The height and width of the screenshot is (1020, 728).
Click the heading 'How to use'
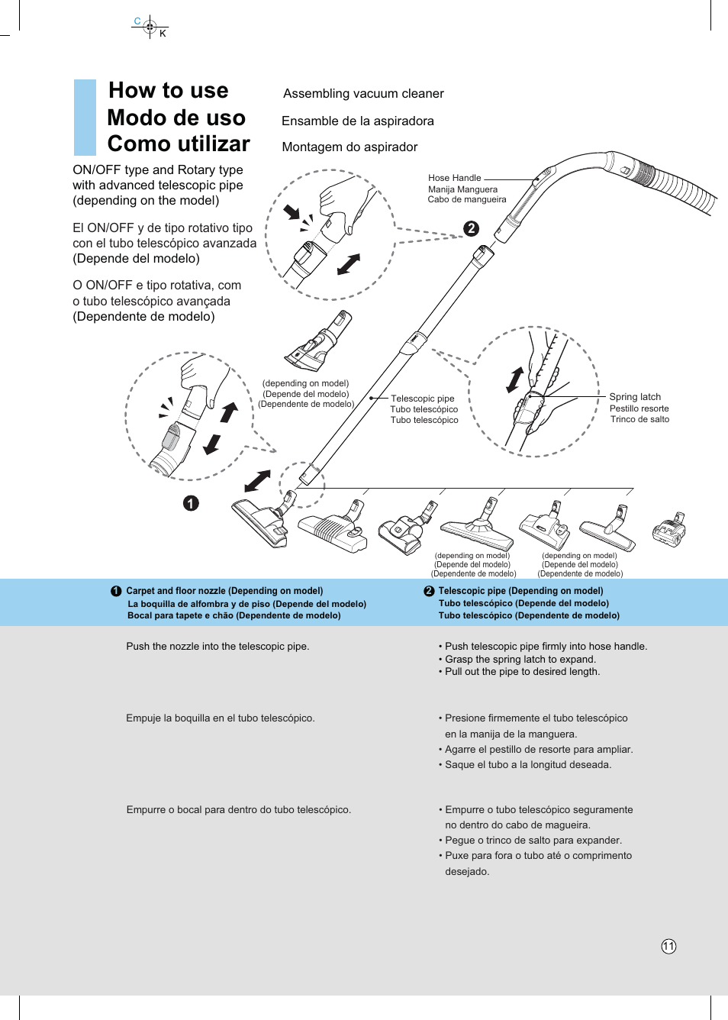pos(168,90)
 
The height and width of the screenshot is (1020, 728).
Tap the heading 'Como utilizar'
pos(179,144)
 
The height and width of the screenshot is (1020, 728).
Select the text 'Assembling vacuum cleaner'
pos(363,94)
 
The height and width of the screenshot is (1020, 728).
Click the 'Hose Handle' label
pos(454,178)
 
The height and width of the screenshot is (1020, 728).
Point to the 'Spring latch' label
pos(635,397)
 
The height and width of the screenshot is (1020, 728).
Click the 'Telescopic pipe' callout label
pos(422,399)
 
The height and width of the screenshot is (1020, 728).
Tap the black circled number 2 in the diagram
pos(472,228)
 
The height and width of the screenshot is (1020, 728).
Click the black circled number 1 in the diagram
pos(191,503)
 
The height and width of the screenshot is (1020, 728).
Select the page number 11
pos(668,947)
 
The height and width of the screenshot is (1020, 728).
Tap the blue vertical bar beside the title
pos(85,117)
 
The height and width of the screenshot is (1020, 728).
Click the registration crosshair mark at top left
pos(150,27)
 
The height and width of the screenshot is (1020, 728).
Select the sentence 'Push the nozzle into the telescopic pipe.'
pos(217,647)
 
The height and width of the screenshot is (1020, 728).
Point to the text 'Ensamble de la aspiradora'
pos(357,121)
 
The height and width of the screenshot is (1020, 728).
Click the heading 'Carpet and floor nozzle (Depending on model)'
pos(224,591)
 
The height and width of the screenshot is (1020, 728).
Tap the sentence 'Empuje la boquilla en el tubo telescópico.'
pos(220,718)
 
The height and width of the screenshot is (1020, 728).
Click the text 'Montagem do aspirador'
pos(350,147)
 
